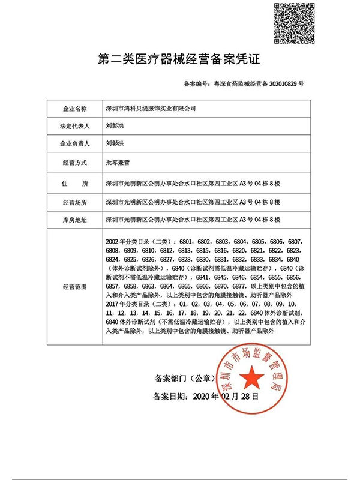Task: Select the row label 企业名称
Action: [75, 109]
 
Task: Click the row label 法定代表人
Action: [75, 127]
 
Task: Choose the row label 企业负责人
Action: [75, 144]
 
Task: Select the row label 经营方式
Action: [75, 163]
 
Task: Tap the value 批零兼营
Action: [118, 163]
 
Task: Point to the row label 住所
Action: [75, 183]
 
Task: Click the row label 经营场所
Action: [75, 202]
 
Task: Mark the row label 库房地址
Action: [75, 220]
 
